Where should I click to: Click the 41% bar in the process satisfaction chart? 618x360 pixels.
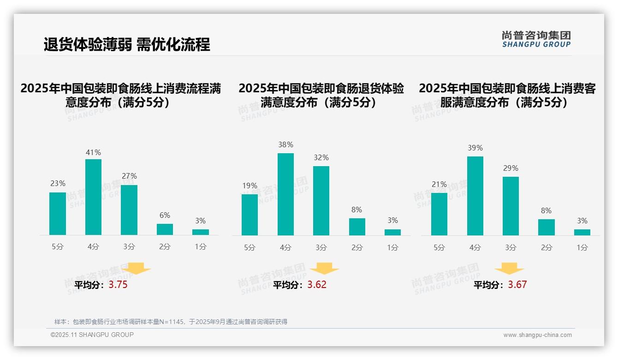[x=93, y=197]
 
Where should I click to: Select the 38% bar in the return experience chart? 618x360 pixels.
[x=285, y=194]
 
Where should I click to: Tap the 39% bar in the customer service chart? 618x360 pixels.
[x=475, y=196]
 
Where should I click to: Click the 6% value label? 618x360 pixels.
[x=165, y=215]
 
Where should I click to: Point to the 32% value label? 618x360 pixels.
[x=321, y=157]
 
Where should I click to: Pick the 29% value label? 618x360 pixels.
[x=511, y=168]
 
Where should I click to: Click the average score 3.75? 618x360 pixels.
[x=118, y=285]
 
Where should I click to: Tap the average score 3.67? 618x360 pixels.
[x=517, y=285]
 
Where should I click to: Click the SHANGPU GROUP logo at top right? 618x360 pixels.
[x=536, y=39]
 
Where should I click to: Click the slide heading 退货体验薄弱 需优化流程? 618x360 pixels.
[x=127, y=44]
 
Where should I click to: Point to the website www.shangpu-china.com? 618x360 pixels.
[x=537, y=335]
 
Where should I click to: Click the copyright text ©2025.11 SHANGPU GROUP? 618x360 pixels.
[x=92, y=335]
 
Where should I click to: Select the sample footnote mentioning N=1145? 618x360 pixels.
[x=171, y=322]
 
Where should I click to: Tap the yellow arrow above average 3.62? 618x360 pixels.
[x=324, y=269]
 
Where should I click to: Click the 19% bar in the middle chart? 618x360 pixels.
[x=250, y=215]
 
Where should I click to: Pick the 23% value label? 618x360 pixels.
[x=58, y=183]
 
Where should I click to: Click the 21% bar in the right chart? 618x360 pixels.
[x=439, y=214]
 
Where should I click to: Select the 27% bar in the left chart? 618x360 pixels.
[x=129, y=210]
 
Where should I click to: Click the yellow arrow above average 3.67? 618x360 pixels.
[x=509, y=269]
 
